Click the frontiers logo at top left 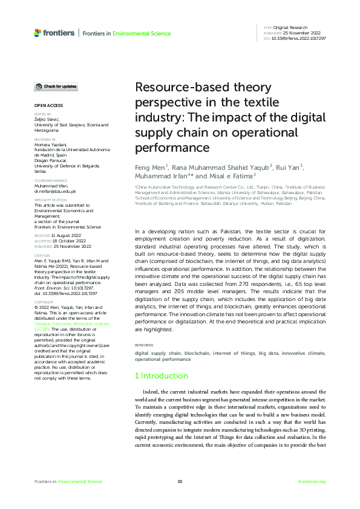point(55,33)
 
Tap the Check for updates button point(56,86)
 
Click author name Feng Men point(149,167)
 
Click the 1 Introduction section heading point(161,375)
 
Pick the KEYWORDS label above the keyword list point(144,345)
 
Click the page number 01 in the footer point(180,481)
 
